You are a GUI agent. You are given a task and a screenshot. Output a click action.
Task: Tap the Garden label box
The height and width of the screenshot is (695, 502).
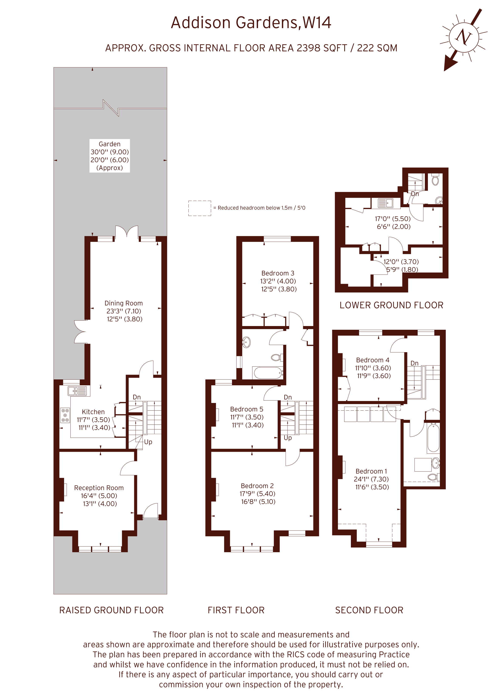tap(110, 156)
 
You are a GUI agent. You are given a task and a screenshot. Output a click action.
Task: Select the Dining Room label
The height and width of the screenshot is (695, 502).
tap(124, 303)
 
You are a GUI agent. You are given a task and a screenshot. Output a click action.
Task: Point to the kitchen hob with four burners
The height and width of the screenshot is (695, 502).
tap(65, 415)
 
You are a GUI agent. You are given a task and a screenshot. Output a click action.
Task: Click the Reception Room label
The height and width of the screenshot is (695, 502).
tap(99, 488)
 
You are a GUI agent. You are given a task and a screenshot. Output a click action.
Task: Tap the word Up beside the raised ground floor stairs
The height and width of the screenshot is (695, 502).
tap(148, 442)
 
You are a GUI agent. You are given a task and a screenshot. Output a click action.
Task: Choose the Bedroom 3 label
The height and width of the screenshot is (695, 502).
tap(278, 273)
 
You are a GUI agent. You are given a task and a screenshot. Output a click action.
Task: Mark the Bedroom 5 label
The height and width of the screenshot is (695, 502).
tap(247, 409)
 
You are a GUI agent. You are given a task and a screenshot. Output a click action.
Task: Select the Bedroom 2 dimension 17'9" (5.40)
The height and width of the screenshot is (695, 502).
tap(257, 494)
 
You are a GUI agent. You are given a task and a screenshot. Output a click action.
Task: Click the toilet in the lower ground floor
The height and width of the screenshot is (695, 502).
tap(435, 180)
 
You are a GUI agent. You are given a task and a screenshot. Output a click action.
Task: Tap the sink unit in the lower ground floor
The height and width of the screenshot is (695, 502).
tap(386, 203)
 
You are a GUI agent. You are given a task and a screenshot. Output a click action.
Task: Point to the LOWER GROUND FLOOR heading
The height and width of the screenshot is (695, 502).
tap(391, 305)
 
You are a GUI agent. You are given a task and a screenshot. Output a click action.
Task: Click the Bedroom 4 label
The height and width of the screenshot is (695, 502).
tap(373, 360)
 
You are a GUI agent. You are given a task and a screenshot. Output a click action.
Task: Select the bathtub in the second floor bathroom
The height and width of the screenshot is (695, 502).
tap(433, 438)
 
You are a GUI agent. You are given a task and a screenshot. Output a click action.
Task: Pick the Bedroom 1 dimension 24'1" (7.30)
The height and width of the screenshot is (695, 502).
tap(371, 479)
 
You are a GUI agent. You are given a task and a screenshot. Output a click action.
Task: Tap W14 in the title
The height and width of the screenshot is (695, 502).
tap(317, 23)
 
